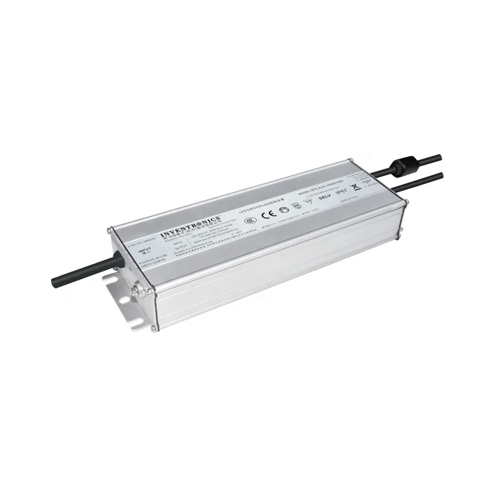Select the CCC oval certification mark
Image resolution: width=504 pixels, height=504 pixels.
[x=249, y=224]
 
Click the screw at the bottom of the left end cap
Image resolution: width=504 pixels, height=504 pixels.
[x=157, y=328]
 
